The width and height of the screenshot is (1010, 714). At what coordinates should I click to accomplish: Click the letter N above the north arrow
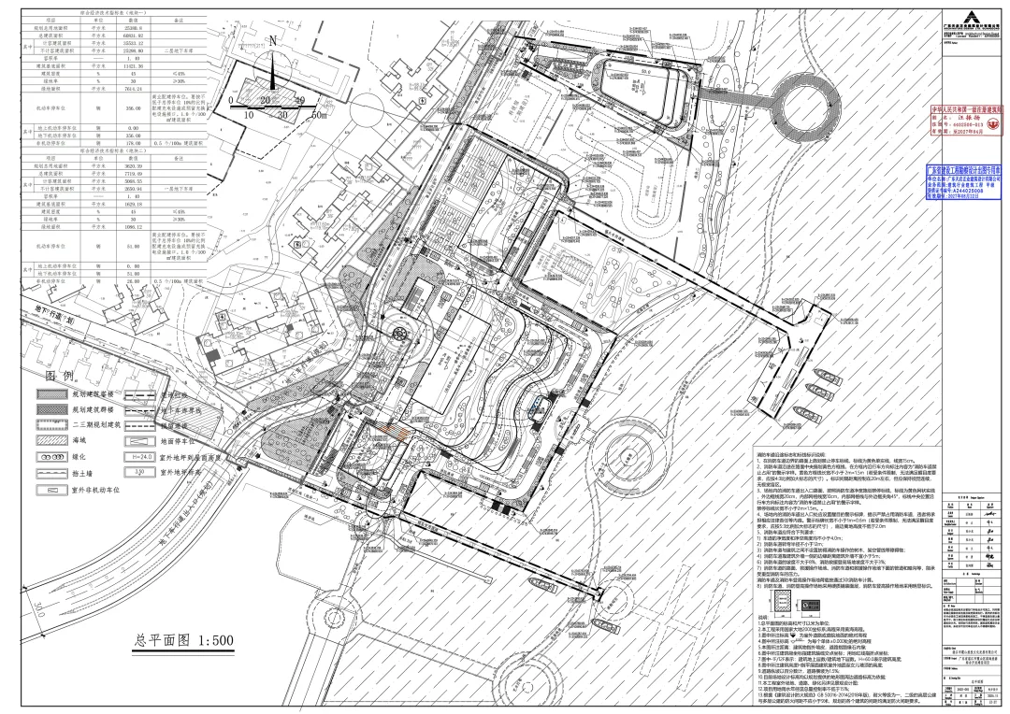pos(272,41)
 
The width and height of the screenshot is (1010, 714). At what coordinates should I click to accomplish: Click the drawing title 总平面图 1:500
pos(182,640)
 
